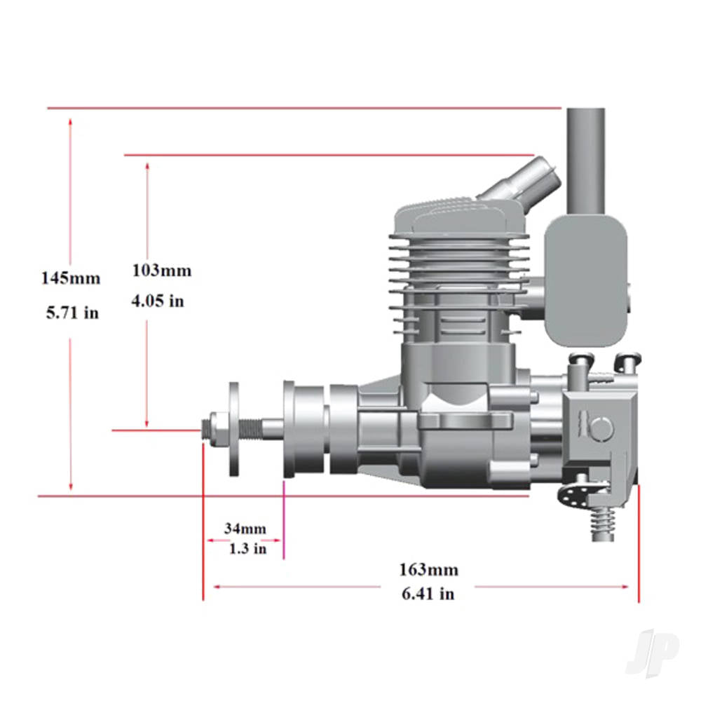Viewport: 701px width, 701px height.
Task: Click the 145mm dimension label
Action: click(x=70, y=278)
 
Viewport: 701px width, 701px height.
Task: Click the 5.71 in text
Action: click(x=72, y=313)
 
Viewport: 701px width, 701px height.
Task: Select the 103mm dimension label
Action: click(x=161, y=271)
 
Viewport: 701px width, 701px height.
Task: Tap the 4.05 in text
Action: click(x=158, y=301)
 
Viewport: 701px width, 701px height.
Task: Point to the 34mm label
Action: click(x=245, y=528)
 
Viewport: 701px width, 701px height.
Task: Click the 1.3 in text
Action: click(x=247, y=549)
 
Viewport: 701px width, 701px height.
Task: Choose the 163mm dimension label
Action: click(x=428, y=569)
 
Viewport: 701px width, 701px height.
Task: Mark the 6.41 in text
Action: click(x=428, y=593)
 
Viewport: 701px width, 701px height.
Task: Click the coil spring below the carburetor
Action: click(x=603, y=522)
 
